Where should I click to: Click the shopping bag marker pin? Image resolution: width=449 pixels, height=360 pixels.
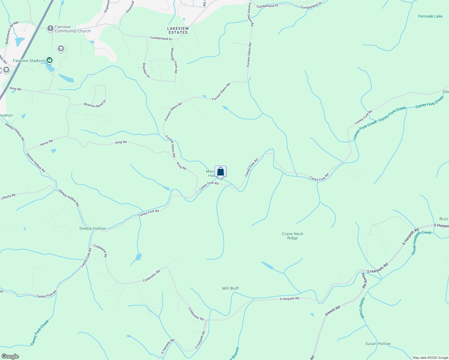tap(220, 172)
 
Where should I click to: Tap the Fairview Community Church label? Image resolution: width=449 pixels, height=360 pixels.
tap(73, 29)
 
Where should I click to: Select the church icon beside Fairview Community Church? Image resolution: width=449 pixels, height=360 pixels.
tap(50, 28)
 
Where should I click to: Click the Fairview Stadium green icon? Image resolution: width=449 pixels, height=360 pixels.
tap(50, 60)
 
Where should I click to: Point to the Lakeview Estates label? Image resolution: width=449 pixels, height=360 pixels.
tap(178, 30)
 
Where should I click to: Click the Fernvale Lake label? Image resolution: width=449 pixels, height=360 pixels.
tap(430, 16)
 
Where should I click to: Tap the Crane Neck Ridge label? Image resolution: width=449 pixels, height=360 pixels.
tap(292, 236)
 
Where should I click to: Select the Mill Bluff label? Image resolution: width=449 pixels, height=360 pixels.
tap(231, 288)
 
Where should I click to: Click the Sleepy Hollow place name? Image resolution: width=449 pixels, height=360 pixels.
tap(92, 228)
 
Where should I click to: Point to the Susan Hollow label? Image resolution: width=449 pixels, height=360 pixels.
tap(378, 343)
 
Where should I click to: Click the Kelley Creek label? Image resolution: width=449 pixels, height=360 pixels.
tap(362, 308)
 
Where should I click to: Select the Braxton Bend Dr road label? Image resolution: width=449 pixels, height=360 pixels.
tap(95, 104)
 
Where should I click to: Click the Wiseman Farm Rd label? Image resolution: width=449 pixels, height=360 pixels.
tap(174, 61)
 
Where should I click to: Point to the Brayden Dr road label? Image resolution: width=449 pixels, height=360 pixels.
tap(146, 70)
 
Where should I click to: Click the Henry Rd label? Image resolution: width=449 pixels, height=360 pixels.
tap(46, 143)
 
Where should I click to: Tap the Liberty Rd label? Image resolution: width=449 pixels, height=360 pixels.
tap(8, 196)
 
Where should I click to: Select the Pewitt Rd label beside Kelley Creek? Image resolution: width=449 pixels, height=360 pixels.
tap(333, 311)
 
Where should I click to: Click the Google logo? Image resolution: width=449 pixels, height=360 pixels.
tap(10, 356)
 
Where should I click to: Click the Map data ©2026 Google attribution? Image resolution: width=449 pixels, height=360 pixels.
tap(430, 358)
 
